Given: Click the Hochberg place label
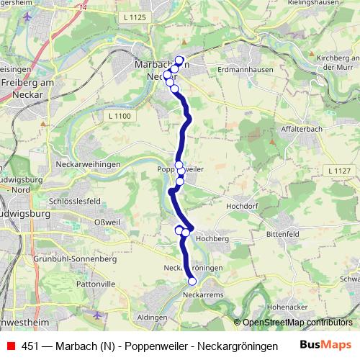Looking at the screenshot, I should pyautogui.click(x=212, y=238).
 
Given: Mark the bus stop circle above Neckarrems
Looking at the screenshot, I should pyautogui.click(x=192, y=282).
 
